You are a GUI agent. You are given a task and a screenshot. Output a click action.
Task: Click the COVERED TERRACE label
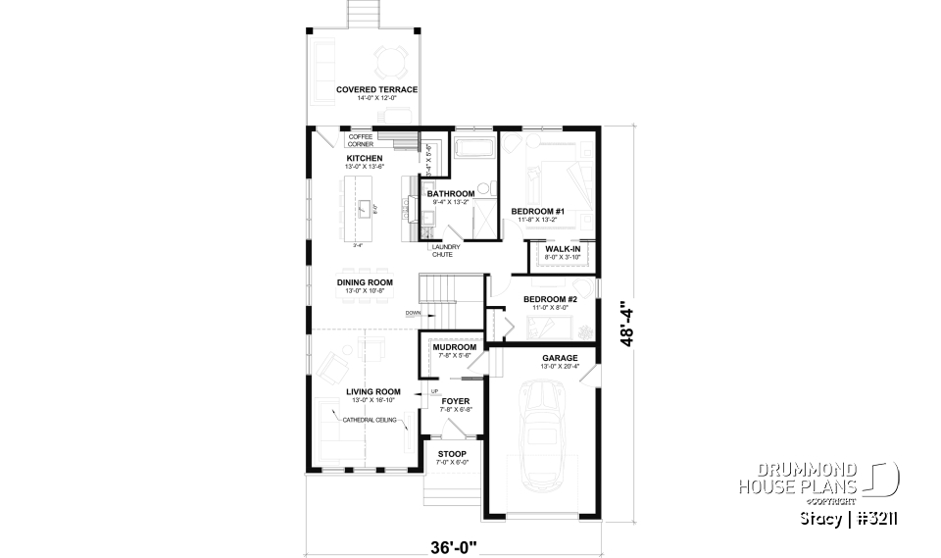tap(376, 89)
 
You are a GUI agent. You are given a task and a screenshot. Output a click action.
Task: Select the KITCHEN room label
tap(364, 158)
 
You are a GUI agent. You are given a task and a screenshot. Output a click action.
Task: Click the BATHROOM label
tap(450, 194)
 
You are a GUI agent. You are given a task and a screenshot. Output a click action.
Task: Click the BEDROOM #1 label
tap(538, 211)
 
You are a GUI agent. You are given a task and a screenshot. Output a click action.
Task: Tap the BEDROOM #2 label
tap(549, 299)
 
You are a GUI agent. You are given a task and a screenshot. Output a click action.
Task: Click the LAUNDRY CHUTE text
tap(432, 251)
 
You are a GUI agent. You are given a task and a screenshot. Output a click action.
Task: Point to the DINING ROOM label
tap(365, 282)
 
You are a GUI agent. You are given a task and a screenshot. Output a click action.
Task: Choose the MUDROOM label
tap(454, 347)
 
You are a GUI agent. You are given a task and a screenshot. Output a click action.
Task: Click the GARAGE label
tap(560, 358)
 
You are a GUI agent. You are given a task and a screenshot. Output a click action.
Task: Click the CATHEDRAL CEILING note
tap(371, 420)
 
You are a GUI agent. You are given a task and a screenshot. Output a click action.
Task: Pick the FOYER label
tap(455, 401)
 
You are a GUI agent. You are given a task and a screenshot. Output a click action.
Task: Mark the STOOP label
tap(452, 454)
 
